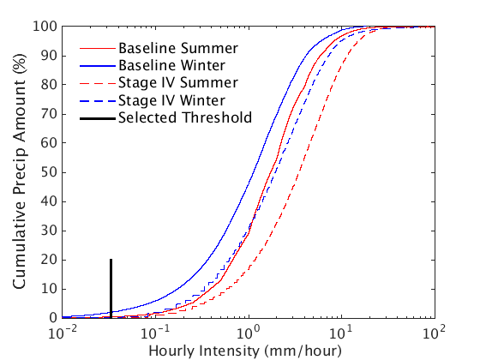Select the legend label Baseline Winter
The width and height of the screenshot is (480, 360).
point(172,64)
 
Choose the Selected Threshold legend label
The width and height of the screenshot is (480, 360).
point(185,117)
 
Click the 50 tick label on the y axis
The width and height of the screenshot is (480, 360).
point(50,172)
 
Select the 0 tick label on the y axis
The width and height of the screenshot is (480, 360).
point(53,318)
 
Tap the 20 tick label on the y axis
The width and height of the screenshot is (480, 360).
point(50,260)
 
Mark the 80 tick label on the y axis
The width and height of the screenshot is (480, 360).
point(50,85)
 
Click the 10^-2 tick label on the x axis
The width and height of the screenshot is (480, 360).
point(63,331)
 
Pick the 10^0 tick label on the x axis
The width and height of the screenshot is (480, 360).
point(249,331)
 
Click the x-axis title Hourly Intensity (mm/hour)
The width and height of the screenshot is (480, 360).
point(245,350)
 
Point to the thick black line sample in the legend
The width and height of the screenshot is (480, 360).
point(96,117)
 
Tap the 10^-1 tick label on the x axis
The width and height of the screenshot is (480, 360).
point(155,331)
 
